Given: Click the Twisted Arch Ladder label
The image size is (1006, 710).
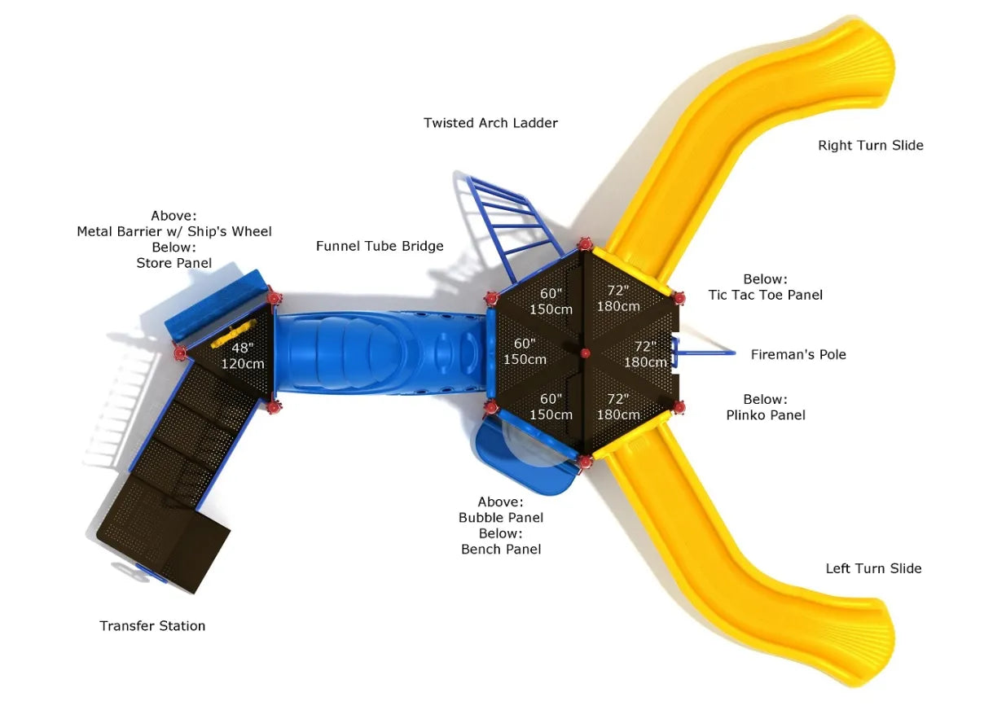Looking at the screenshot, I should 490,123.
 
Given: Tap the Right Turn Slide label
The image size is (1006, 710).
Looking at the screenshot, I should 870,146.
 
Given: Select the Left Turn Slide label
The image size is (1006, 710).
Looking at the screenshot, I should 873,568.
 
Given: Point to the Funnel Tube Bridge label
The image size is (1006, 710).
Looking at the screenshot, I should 380,246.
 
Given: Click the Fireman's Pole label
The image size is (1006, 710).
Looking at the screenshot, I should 798,354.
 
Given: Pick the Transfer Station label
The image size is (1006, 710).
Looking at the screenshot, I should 152,625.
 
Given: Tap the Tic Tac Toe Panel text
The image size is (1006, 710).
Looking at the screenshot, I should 765,295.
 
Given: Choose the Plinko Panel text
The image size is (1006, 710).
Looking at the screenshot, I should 765,415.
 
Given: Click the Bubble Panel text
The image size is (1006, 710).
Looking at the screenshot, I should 500,517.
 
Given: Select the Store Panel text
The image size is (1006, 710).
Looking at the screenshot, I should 174,263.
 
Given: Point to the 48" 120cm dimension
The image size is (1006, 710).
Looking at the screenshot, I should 243,356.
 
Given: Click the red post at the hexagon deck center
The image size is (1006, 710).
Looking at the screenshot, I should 585,353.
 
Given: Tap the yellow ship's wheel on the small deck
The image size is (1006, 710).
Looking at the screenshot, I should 230,334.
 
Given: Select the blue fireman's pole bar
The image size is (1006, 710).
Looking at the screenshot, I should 705,353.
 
